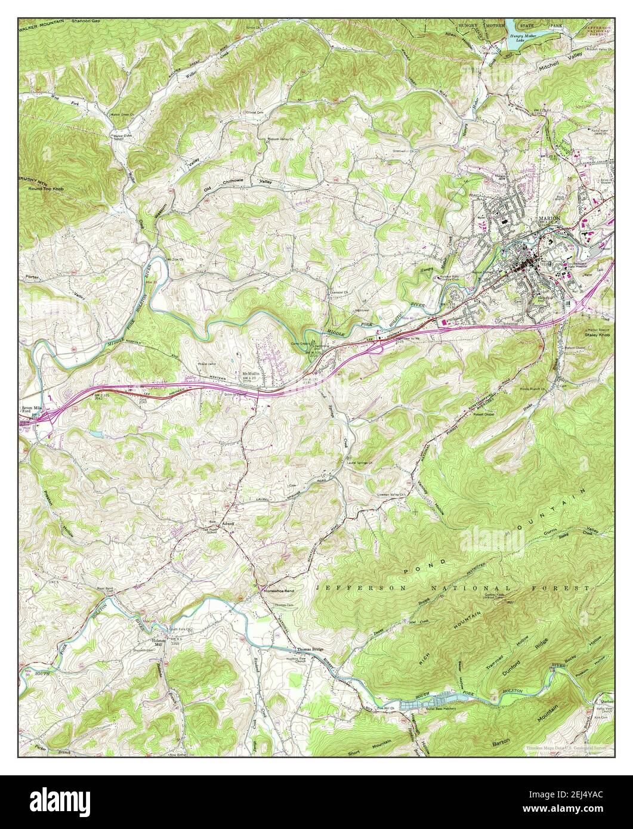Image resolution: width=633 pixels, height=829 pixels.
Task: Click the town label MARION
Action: pos(549,219)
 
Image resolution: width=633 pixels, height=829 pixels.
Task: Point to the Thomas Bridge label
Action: pos(310,649)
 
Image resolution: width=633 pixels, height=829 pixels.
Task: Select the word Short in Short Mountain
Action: pos(357,752)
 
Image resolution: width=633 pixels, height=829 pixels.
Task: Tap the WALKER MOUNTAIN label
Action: pos(44,21)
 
